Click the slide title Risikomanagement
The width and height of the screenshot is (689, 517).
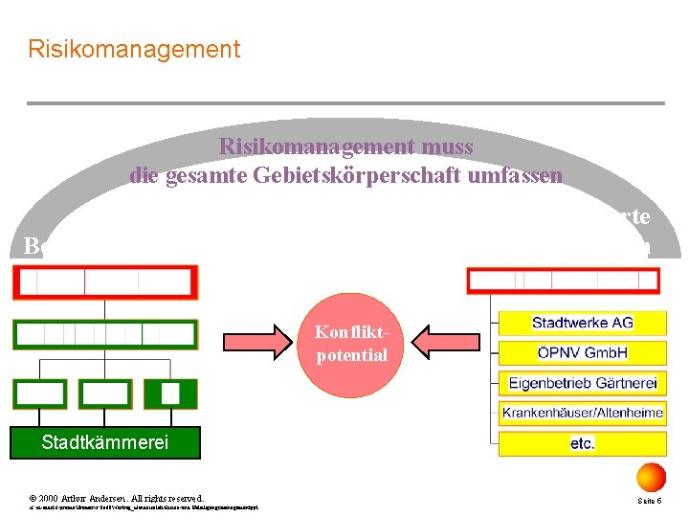(x=134, y=49)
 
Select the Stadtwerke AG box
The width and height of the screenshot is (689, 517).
(x=582, y=323)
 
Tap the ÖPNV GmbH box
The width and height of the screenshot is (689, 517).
(x=582, y=352)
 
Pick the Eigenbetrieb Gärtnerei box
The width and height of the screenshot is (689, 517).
(x=582, y=383)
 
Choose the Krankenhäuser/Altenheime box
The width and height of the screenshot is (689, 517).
(x=582, y=414)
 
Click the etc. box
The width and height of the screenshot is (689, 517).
(x=582, y=443)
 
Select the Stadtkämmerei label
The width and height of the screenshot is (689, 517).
(x=105, y=442)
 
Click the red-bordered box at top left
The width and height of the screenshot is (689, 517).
(x=104, y=282)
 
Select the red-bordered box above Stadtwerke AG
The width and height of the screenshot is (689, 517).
(x=564, y=281)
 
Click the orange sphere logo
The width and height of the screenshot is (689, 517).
(x=651, y=476)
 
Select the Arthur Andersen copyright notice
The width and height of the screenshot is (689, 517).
(x=116, y=498)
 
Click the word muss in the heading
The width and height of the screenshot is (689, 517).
(x=447, y=146)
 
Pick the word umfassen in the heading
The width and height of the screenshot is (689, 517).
(x=518, y=176)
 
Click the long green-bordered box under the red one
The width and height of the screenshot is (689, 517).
(x=104, y=334)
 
